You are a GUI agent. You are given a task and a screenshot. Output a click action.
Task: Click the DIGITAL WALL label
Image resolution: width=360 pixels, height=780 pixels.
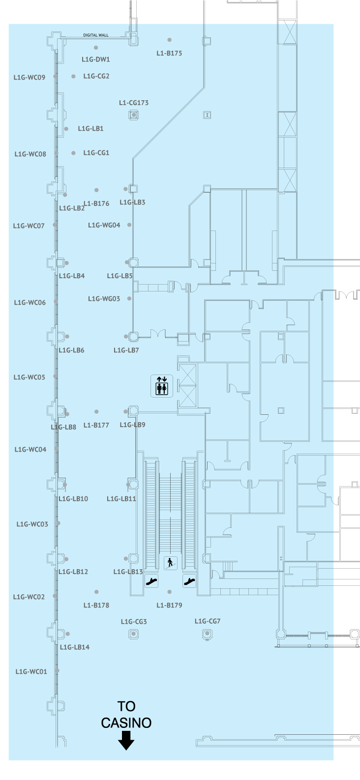pyautogui.click(x=96, y=35)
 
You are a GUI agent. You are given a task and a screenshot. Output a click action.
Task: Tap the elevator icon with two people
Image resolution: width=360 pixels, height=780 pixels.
pyautogui.click(x=162, y=386)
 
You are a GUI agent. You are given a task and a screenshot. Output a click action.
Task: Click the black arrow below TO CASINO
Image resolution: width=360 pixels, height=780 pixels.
pyautogui.click(x=126, y=740)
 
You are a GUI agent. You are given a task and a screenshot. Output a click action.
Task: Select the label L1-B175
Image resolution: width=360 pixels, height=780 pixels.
pyautogui.click(x=169, y=53)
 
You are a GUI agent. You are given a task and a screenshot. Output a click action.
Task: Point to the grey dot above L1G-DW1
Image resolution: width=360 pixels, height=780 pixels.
pyautogui.click(x=96, y=48)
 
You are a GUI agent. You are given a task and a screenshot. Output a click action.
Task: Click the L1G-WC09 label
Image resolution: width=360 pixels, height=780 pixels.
pyautogui.click(x=30, y=77)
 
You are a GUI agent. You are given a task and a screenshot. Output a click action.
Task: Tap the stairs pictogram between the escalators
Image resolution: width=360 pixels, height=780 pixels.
pyautogui.click(x=170, y=563)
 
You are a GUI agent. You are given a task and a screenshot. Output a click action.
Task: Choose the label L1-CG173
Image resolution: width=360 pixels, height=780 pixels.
pyautogui.click(x=134, y=103)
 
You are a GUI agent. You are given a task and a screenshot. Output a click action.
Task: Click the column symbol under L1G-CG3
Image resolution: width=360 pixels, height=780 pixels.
pyautogui.click(x=133, y=634)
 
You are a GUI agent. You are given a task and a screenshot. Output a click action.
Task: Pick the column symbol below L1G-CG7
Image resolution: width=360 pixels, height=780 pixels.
pyautogui.click(x=207, y=634)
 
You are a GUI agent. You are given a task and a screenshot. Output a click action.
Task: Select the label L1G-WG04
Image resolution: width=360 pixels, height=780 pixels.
pyautogui.click(x=104, y=225)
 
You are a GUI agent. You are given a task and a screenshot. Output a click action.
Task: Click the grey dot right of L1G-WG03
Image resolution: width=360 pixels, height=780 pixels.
pyautogui.click(x=130, y=298)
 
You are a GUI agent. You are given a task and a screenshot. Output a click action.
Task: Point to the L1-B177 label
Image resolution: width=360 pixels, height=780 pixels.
pyautogui.click(x=96, y=425)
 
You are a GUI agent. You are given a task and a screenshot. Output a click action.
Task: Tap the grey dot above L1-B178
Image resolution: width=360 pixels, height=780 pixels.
pyautogui.click(x=96, y=592)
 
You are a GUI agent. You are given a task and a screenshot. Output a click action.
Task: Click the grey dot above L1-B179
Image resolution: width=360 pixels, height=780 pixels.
pyautogui.click(x=170, y=592)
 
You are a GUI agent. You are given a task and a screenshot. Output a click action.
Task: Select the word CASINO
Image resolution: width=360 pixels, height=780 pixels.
pyautogui.click(x=126, y=722)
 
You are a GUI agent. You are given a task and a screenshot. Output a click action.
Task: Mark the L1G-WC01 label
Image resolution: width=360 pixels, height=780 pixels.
pyautogui.click(x=31, y=671)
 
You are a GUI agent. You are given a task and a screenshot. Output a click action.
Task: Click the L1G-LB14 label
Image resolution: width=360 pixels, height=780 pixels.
pyautogui.click(x=75, y=647)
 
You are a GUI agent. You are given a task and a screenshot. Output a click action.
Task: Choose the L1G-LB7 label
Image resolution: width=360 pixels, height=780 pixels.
pyautogui.click(x=126, y=350)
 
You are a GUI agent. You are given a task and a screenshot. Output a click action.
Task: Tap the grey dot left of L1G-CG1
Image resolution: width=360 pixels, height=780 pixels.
pyautogui.click(x=73, y=153)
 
